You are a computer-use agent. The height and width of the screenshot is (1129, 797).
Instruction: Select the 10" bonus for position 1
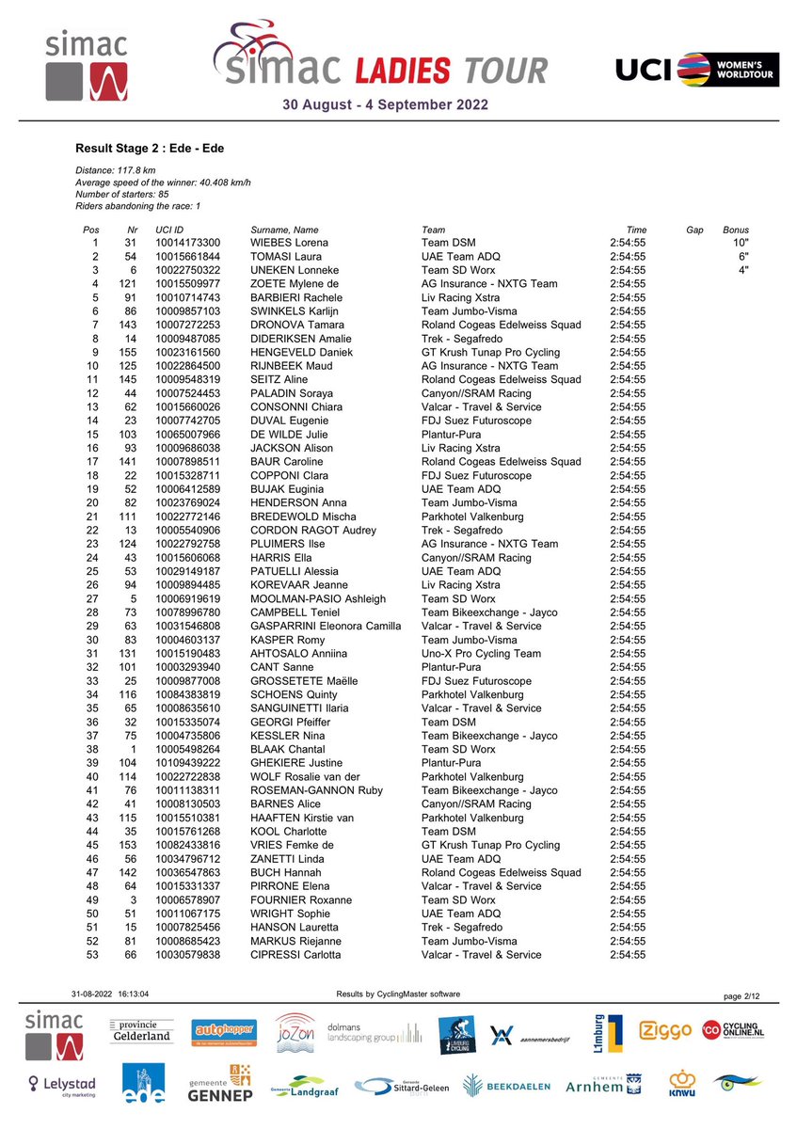pyautogui.click(x=741, y=243)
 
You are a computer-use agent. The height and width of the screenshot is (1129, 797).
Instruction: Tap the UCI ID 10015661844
pyautogui.click(x=187, y=257)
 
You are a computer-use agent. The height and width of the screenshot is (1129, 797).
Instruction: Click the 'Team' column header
pyautogui.click(x=434, y=230)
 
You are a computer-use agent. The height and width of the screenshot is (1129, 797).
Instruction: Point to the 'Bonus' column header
pyautogui.click(x=735, y=230)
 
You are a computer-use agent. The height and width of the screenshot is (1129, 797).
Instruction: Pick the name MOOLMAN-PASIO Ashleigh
pyautogui.click(x=318, y=598)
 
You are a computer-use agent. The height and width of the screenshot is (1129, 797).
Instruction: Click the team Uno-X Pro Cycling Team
pyautogui.click(x=481, y=653)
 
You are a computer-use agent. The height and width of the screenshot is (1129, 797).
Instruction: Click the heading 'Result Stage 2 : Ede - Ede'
pyautogui.click(x=150, y=149)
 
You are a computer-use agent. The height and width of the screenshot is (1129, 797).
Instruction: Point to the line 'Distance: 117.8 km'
pyautogui.click(x=115, y=169)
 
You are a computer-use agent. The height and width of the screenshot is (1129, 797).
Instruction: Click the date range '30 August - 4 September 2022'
pyautogui.click(x=386, y=105)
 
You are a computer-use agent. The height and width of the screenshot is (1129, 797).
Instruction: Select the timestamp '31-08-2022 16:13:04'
pyautogui.click(x=110, y=994)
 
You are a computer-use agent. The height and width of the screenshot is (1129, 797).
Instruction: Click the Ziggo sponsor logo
pyautogui.click(x=666, y=1031)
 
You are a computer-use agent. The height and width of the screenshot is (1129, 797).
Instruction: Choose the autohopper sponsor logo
pyautogui.click(x=224, y=1032)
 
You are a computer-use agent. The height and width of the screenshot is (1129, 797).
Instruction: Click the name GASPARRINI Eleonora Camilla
pyautogui.click(x=329, y=626)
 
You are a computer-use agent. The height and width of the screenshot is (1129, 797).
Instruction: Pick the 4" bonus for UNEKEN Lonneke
pyautogui.click(x=742, y=270)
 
